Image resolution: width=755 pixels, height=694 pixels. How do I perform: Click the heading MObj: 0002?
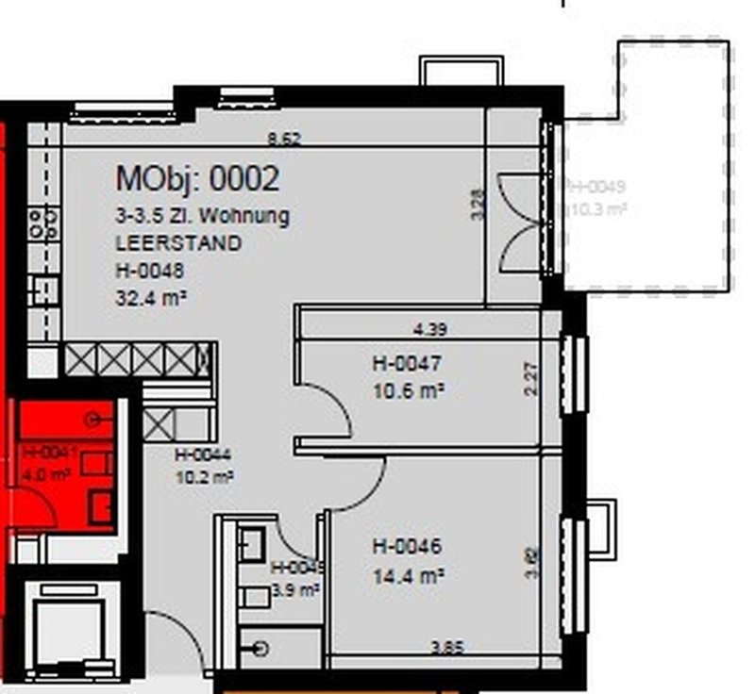[x=197, y=177]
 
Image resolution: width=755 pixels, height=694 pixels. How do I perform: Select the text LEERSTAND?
[x=178, y=243]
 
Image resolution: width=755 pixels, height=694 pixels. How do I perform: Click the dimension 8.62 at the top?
[x=284, y=140]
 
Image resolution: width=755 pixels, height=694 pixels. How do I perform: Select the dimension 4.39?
[x=430, y=330]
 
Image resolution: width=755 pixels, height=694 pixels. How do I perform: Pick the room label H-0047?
[x=407, y=362]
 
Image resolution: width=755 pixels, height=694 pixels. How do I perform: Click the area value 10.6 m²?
[x=409, y=388]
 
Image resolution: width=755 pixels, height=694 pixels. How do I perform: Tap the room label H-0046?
[x=407, y=546]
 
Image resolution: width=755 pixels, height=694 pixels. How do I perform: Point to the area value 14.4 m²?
[x=409, y=573]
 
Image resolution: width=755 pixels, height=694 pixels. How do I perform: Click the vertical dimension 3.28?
[x=478, y=205]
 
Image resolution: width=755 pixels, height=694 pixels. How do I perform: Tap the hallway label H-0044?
[x=203, y=455]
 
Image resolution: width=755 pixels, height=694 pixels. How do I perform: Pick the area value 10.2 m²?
[x=204, y=476]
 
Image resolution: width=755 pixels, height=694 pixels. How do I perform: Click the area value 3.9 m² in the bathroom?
[x=295, y=589]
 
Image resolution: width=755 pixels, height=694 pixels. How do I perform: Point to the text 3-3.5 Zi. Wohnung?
[x=202, y=216]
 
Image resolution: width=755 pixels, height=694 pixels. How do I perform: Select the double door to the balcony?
[x=522, y=224]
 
